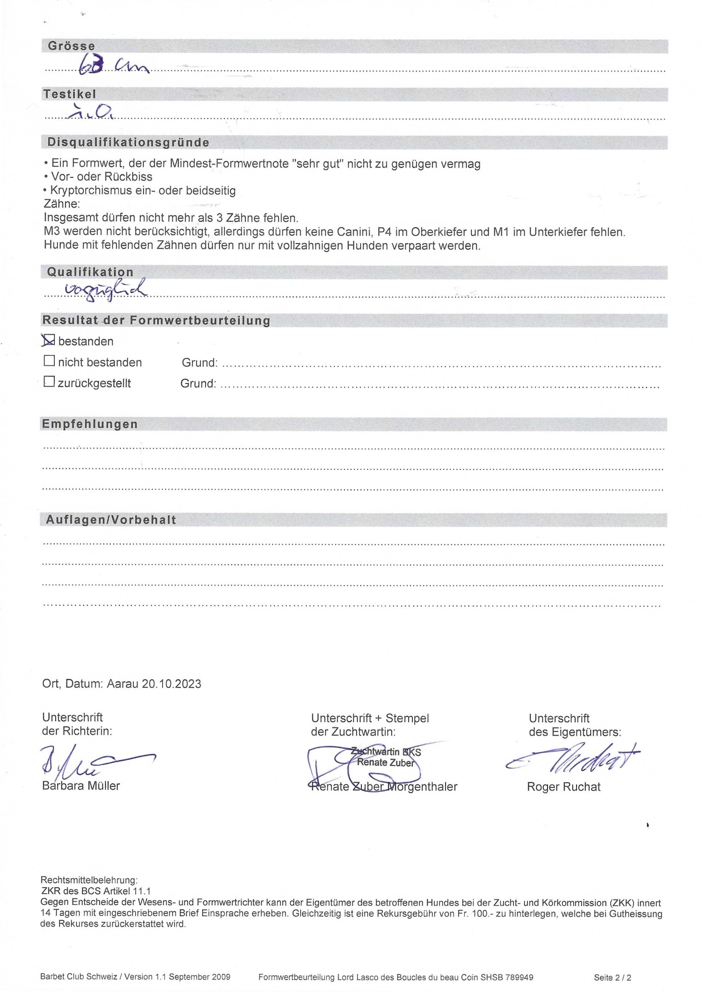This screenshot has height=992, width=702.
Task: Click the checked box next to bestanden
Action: point(49,340)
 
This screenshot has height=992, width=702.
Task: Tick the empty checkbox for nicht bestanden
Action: point(49,361)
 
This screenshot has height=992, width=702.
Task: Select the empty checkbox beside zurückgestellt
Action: point(49,382)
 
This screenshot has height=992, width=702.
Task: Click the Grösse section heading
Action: point(72,46)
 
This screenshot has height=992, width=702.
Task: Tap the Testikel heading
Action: point(69,94)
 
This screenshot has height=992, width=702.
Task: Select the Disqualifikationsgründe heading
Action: point(128,142)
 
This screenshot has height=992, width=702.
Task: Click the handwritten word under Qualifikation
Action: point(106,290)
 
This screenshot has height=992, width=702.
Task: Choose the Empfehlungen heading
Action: point(90,424)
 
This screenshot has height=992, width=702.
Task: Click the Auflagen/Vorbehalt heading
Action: point(111,520)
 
